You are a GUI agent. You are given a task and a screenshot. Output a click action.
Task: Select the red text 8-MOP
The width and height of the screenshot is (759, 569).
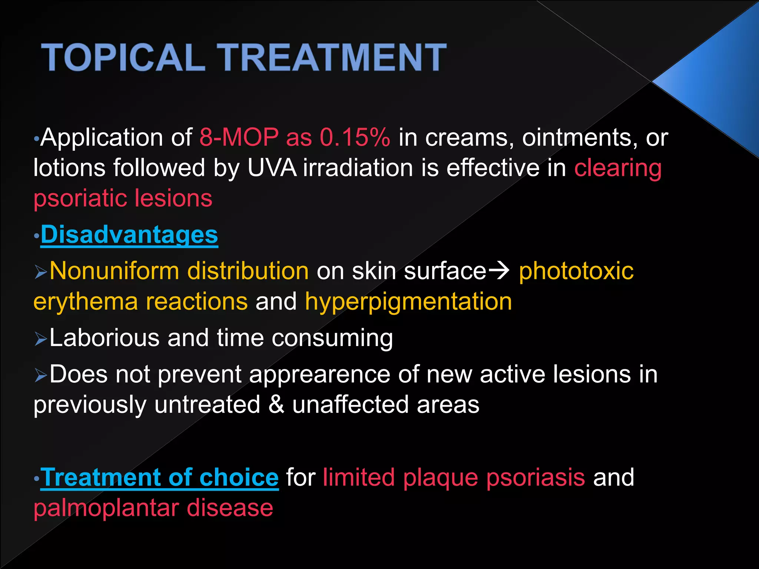click(x=239, y=138)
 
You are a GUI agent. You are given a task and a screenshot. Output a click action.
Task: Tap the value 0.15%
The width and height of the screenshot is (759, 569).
click(x=355, y=138)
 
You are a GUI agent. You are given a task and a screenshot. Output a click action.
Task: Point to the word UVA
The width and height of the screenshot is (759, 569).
click(x=272, y=168)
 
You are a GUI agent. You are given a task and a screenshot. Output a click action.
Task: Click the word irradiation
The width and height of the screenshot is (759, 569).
click(x=358, y=168)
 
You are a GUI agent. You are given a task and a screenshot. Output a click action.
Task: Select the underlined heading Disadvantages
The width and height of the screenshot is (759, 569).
click(x=129, y=235)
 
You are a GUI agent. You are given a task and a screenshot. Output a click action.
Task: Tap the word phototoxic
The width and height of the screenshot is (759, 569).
click(x=576, y=271)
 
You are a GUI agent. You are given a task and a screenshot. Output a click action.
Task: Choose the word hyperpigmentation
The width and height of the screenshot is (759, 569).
click(x=408, y=302)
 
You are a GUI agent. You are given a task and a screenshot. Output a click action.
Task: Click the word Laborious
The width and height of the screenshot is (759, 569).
click(x=104, y=338)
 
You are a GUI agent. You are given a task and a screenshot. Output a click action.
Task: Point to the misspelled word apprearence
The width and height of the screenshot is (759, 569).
click(x=319, y=375)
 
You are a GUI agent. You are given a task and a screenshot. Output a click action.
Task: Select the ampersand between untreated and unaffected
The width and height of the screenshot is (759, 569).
click(x=276, y=405)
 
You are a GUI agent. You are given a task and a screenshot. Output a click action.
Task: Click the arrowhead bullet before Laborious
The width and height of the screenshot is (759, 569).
click(x=40, y=339)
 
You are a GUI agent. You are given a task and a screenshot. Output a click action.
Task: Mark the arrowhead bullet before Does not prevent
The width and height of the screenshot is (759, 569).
click(x=40, y=375)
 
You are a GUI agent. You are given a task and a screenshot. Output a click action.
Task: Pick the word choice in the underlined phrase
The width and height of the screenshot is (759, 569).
click(x=239, y=478)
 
